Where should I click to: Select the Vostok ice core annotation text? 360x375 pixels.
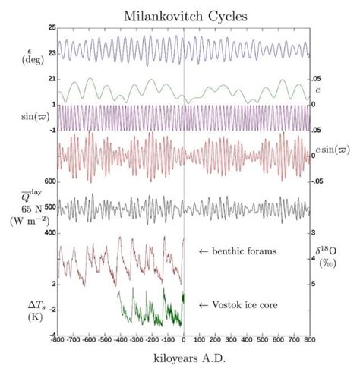click(238, 304)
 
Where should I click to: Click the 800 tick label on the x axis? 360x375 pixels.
click(309, 342)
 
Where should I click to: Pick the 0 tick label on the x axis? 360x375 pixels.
click(185, 342)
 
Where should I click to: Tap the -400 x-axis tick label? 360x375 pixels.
click(121, 342)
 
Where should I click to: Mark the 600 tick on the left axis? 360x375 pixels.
click(49, 181)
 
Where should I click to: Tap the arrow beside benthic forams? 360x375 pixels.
click(203, 251)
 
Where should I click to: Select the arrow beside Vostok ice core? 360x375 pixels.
click(203, 304)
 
